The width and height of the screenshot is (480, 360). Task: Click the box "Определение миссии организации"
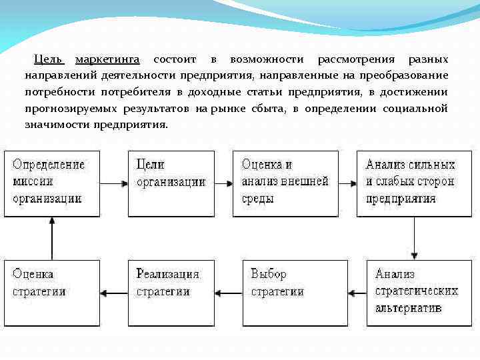[x=51, y=183]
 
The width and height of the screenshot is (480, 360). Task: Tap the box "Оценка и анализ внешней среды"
[x=285, y=183]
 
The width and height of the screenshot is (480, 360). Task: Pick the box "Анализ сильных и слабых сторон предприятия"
[x=409, y=183]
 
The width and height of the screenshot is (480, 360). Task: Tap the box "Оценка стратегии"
[x=51, y=293]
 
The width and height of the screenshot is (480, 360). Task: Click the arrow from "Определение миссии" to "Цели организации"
[x=113, y=181]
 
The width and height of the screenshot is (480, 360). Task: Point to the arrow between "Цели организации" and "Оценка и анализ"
[x=225, y=181]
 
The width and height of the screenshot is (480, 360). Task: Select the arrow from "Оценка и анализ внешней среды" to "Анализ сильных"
[x=347, y=181]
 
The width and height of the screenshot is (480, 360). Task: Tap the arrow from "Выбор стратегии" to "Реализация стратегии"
[x=230, y=291]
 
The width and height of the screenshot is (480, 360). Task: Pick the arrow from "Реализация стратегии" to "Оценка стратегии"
[x=113, y=291]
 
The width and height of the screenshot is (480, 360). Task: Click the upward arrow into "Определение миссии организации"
[x=51, y=238]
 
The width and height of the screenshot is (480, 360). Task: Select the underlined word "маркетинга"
[x=107, y=60]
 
